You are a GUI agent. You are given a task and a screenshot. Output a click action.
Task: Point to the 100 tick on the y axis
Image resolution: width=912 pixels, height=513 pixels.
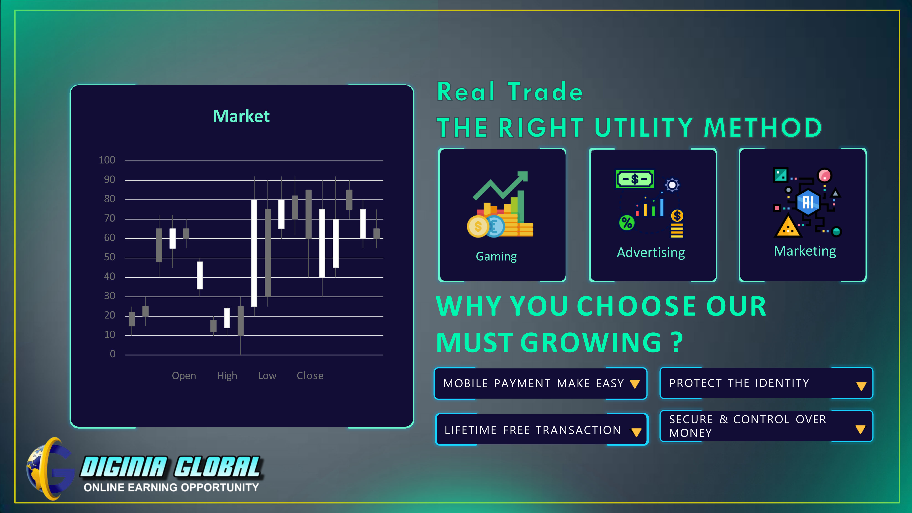pos(107,160)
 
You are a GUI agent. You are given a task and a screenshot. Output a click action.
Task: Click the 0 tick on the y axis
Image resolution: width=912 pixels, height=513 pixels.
pos(113,354)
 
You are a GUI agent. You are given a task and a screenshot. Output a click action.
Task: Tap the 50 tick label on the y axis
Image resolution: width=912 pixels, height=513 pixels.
pos(109,257)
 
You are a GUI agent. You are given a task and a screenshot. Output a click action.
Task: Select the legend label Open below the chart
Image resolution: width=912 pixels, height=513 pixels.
pos(184,376)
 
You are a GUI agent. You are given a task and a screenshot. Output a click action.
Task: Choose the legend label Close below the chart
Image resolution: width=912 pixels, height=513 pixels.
pos(310,376)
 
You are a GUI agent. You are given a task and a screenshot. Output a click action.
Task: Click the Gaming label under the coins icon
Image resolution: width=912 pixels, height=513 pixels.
pos(496,256)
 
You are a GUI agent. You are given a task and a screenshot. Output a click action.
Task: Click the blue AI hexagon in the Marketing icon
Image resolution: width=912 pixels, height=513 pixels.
pos(808,202)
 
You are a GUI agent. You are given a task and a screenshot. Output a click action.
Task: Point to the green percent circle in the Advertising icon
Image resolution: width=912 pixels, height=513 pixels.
pos(627,223)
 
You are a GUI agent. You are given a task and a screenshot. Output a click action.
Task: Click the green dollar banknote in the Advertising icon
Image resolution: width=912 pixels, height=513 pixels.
pos(635,179)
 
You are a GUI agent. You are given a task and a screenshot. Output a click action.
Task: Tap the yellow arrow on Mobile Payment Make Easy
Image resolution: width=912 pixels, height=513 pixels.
pos(635,384)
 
